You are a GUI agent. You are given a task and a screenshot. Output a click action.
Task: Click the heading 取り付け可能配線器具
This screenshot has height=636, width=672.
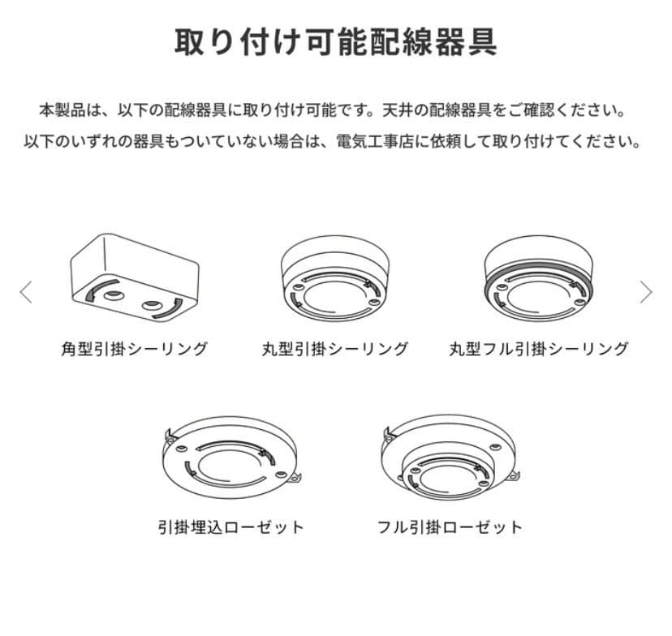click(335, 42)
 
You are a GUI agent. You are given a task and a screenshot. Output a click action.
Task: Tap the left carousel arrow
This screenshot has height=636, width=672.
click(26, 292)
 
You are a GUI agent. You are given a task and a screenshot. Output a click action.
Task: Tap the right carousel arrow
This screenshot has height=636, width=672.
click(646, 292)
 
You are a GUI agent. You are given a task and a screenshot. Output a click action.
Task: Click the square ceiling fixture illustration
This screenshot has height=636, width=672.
click(135, 278)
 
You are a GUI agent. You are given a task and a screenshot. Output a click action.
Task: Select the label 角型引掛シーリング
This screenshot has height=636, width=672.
click(135, 349)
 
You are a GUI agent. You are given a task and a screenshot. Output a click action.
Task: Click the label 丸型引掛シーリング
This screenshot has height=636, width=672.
click(335, 349)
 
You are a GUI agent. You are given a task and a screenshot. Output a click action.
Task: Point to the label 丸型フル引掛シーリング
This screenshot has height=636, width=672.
click(539, 349)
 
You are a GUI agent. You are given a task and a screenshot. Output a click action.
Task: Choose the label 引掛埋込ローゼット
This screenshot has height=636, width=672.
click(231, 526)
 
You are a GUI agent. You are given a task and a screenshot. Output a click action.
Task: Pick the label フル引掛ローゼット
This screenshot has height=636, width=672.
click(450, 526)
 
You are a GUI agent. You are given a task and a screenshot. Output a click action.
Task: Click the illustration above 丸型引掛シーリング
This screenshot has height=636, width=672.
click(335, 278)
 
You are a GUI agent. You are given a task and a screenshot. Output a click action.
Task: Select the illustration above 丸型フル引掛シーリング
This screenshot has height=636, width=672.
click(539, 278)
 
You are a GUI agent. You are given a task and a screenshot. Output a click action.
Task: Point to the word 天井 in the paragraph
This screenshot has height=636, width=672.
click(398, 110)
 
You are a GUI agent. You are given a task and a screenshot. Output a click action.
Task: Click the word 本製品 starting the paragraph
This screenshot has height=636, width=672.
click(62, 110)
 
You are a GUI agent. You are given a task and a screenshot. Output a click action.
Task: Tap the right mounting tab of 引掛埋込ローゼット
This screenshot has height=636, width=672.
click(295, 477)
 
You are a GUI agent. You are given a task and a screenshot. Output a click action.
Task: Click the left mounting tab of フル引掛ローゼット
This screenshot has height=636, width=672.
click(389, 433)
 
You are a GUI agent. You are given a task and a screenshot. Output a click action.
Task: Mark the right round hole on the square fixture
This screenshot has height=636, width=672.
click(152, 305)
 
